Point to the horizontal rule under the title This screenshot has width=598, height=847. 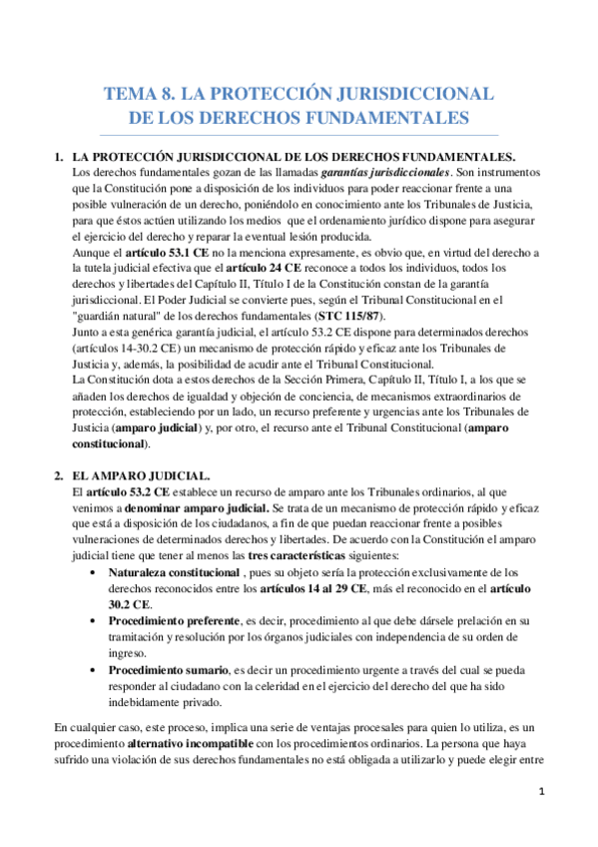(x=299, y=136)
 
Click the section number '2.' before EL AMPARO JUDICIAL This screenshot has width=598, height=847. (x=60, y=476)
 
